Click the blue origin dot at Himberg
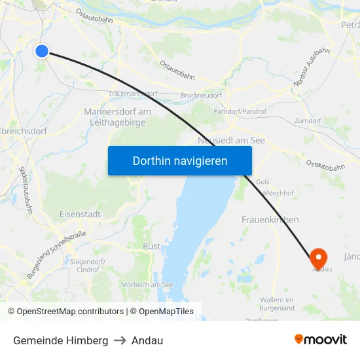click(42, 50)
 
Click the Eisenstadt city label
click(79, 214)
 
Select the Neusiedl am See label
click(231, 141)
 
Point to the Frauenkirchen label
click(270, 220)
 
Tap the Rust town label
click(151, 246)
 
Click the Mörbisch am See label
click(147, 285)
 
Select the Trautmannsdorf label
click(133, 94)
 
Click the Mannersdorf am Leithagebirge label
click(118, 117)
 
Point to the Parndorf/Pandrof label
click(240, 112)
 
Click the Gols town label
click(263, 181)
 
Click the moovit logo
click(321, 340)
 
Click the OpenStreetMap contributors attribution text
click(70, 312)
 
